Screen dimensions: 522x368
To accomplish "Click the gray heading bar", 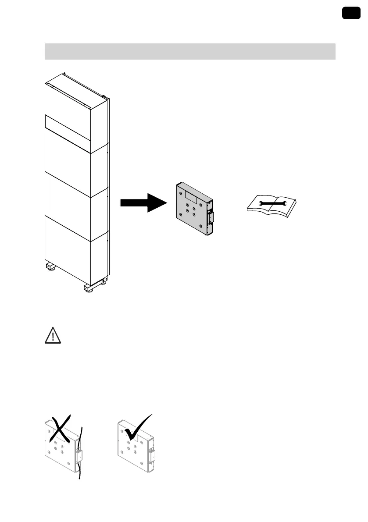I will (190, 51).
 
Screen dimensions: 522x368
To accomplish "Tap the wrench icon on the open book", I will (272, 203).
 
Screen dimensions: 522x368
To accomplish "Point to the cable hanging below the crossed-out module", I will (80, 473).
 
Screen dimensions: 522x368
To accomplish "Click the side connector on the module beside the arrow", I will (210, 216).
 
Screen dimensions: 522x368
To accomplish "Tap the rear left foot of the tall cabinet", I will (50, 266).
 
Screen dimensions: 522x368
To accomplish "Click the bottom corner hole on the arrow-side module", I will (200, 226).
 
